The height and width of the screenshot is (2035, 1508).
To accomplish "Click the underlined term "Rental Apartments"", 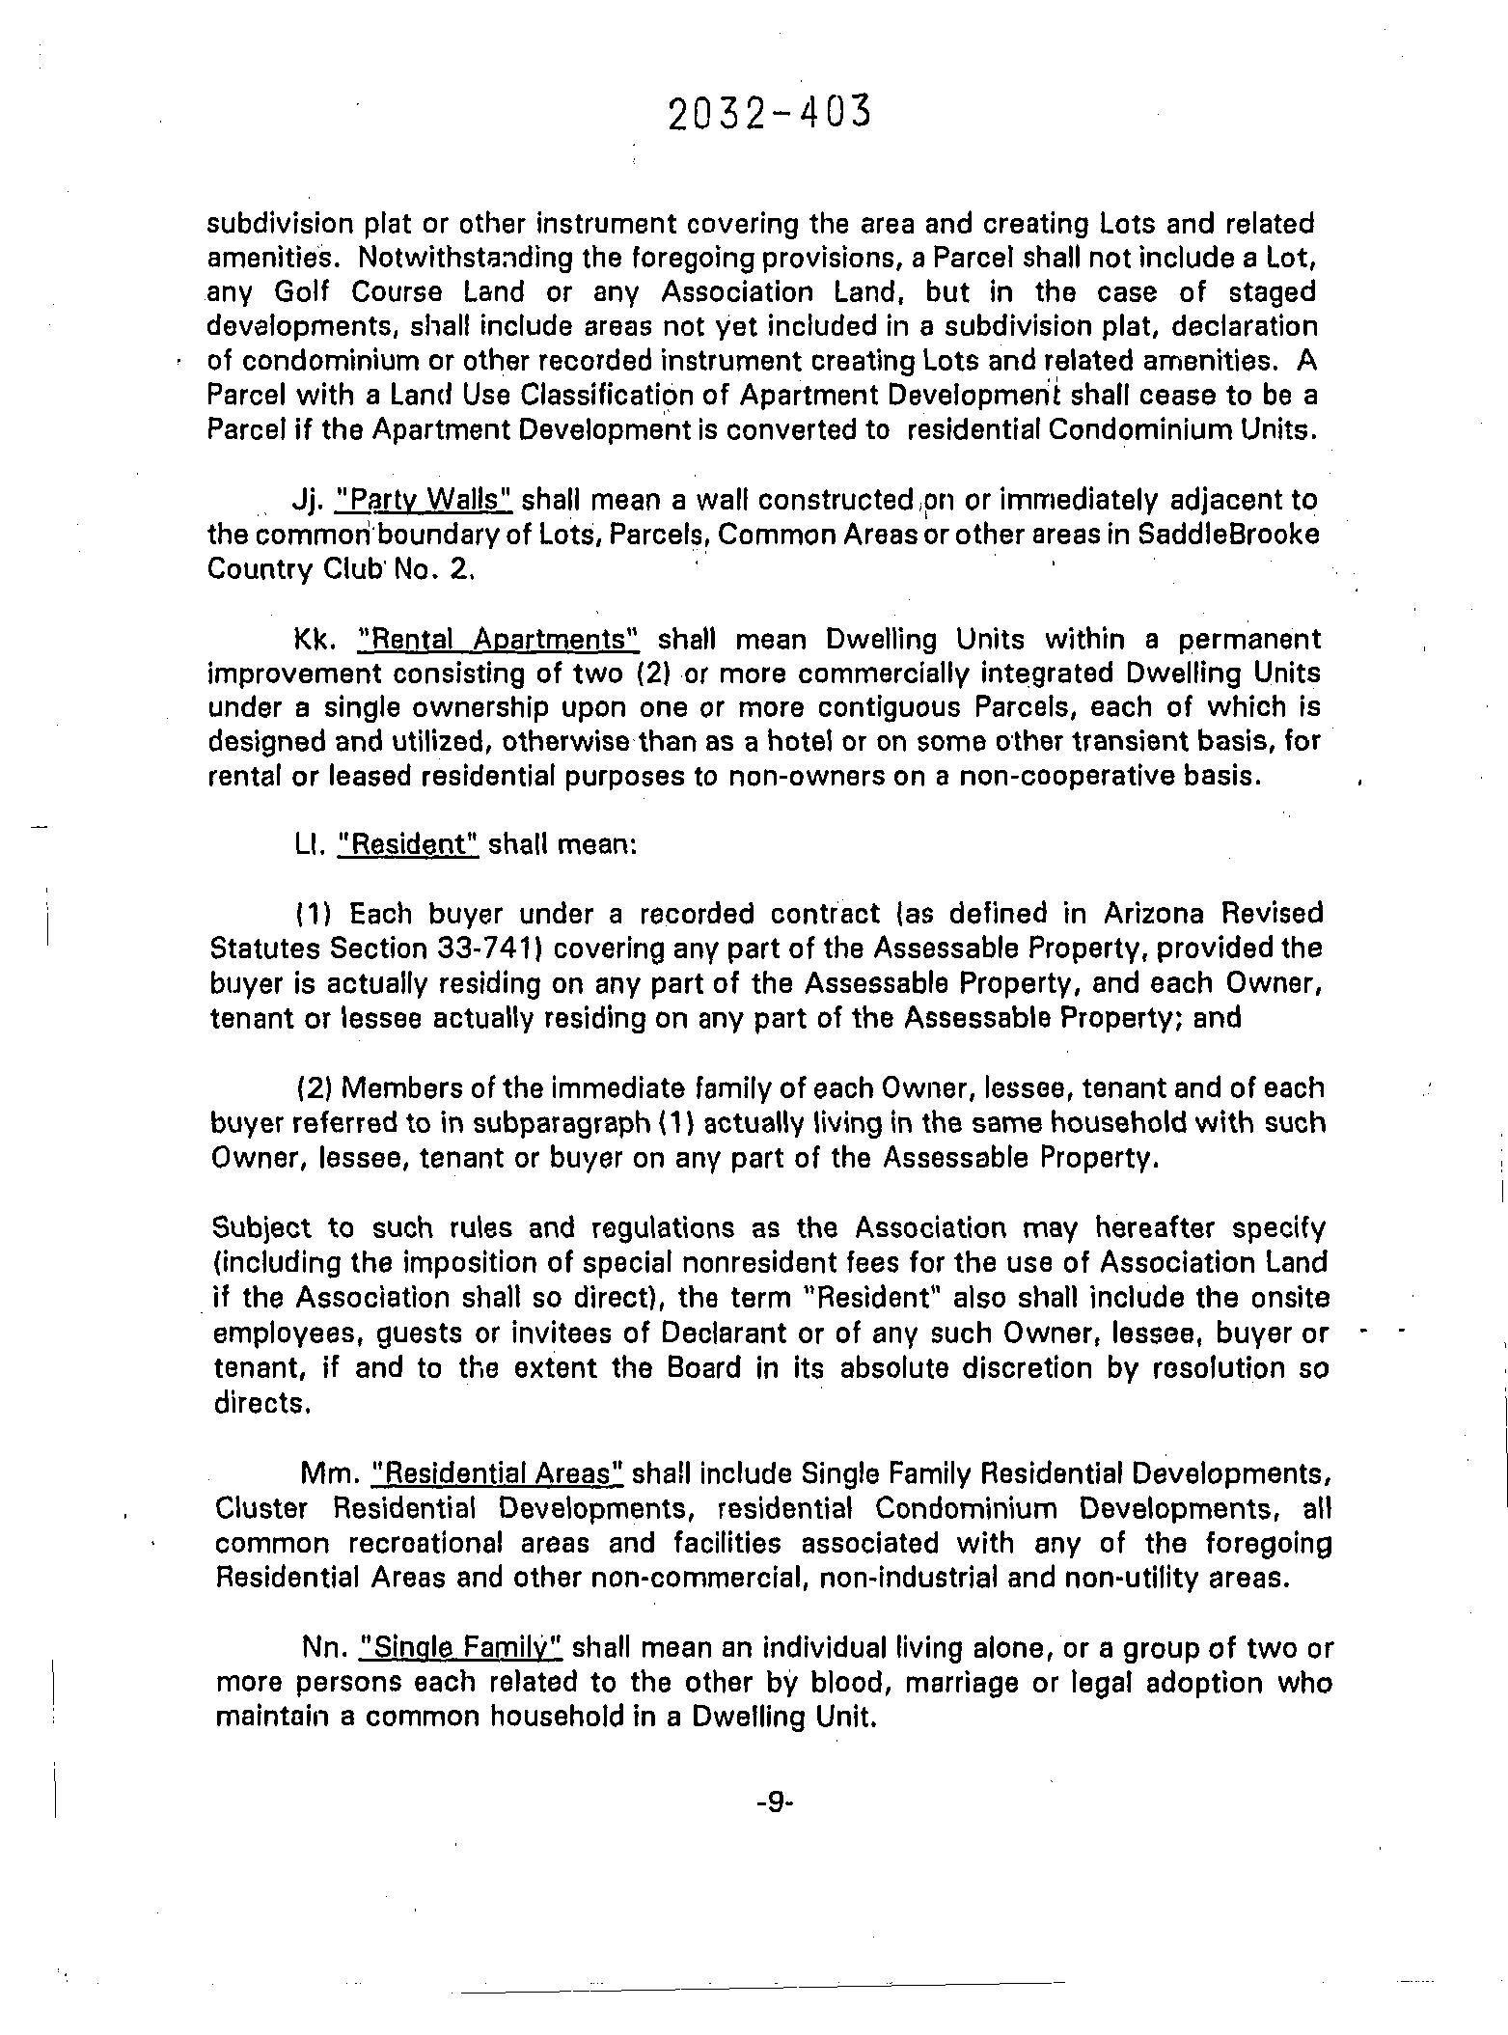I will coord(499,639).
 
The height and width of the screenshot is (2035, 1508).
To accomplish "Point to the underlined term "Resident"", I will coord(408,844).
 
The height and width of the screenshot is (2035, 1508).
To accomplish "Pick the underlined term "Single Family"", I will coord(459,1648).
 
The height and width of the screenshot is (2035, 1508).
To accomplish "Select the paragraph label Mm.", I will coord(329,1473).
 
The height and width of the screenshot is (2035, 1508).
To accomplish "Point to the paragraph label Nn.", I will coord(322,1648).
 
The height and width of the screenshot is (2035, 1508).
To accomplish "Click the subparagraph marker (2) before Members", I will coord(315,1088).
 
